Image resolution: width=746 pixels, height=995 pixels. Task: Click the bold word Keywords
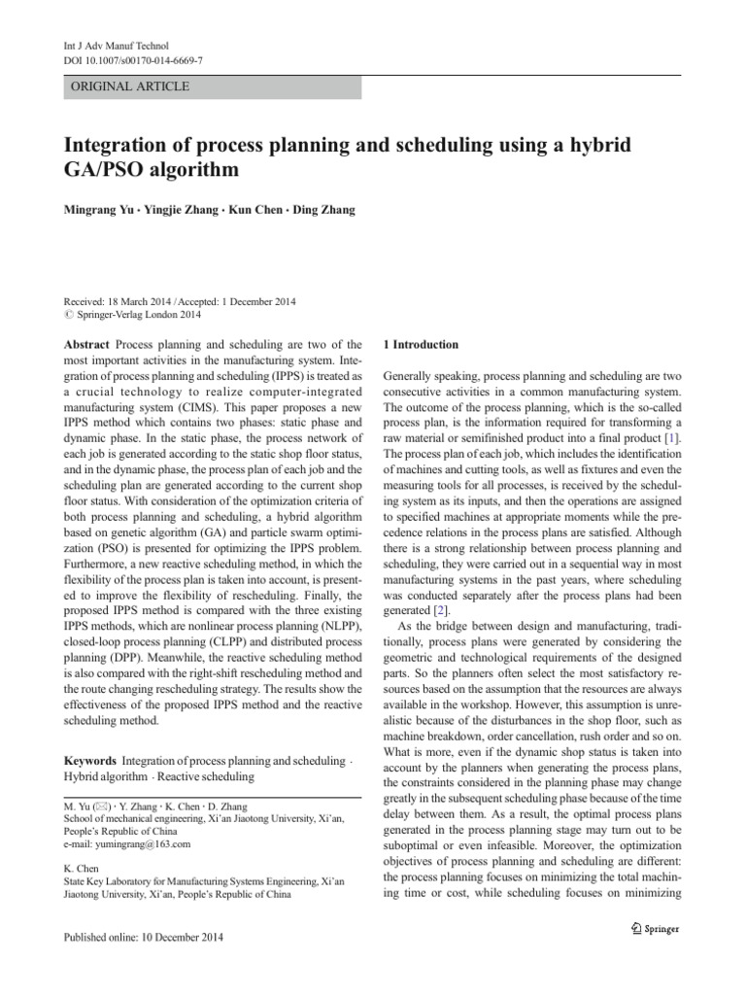[90, 760]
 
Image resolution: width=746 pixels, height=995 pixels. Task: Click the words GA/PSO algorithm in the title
[151, 170]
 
